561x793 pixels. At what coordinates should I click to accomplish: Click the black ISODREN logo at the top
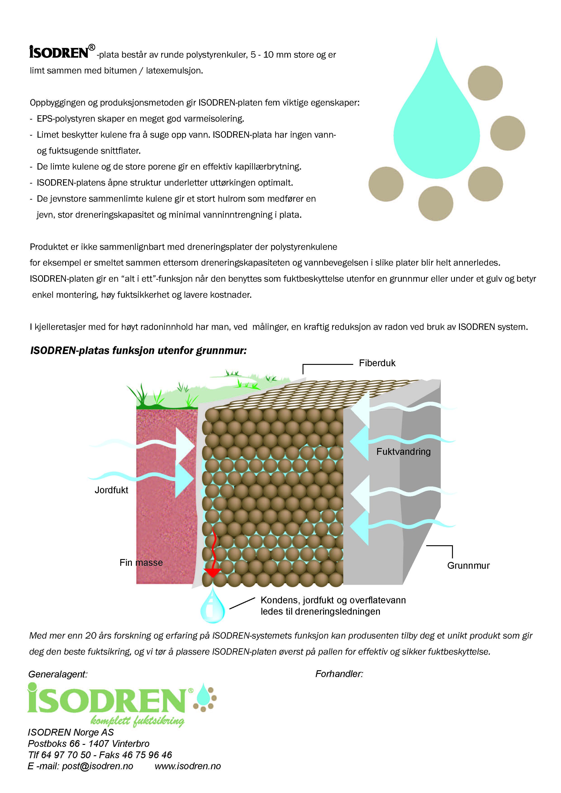point(59,52)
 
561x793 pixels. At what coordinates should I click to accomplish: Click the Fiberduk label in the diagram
point(377,363)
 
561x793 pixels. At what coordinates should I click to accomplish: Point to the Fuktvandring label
point(403,451)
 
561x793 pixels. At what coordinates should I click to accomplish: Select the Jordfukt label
point(111,490)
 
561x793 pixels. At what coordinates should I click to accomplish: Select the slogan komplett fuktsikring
point(137,721)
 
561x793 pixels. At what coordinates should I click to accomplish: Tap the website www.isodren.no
point(188,766)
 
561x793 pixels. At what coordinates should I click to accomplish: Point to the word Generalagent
point(58,674)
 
